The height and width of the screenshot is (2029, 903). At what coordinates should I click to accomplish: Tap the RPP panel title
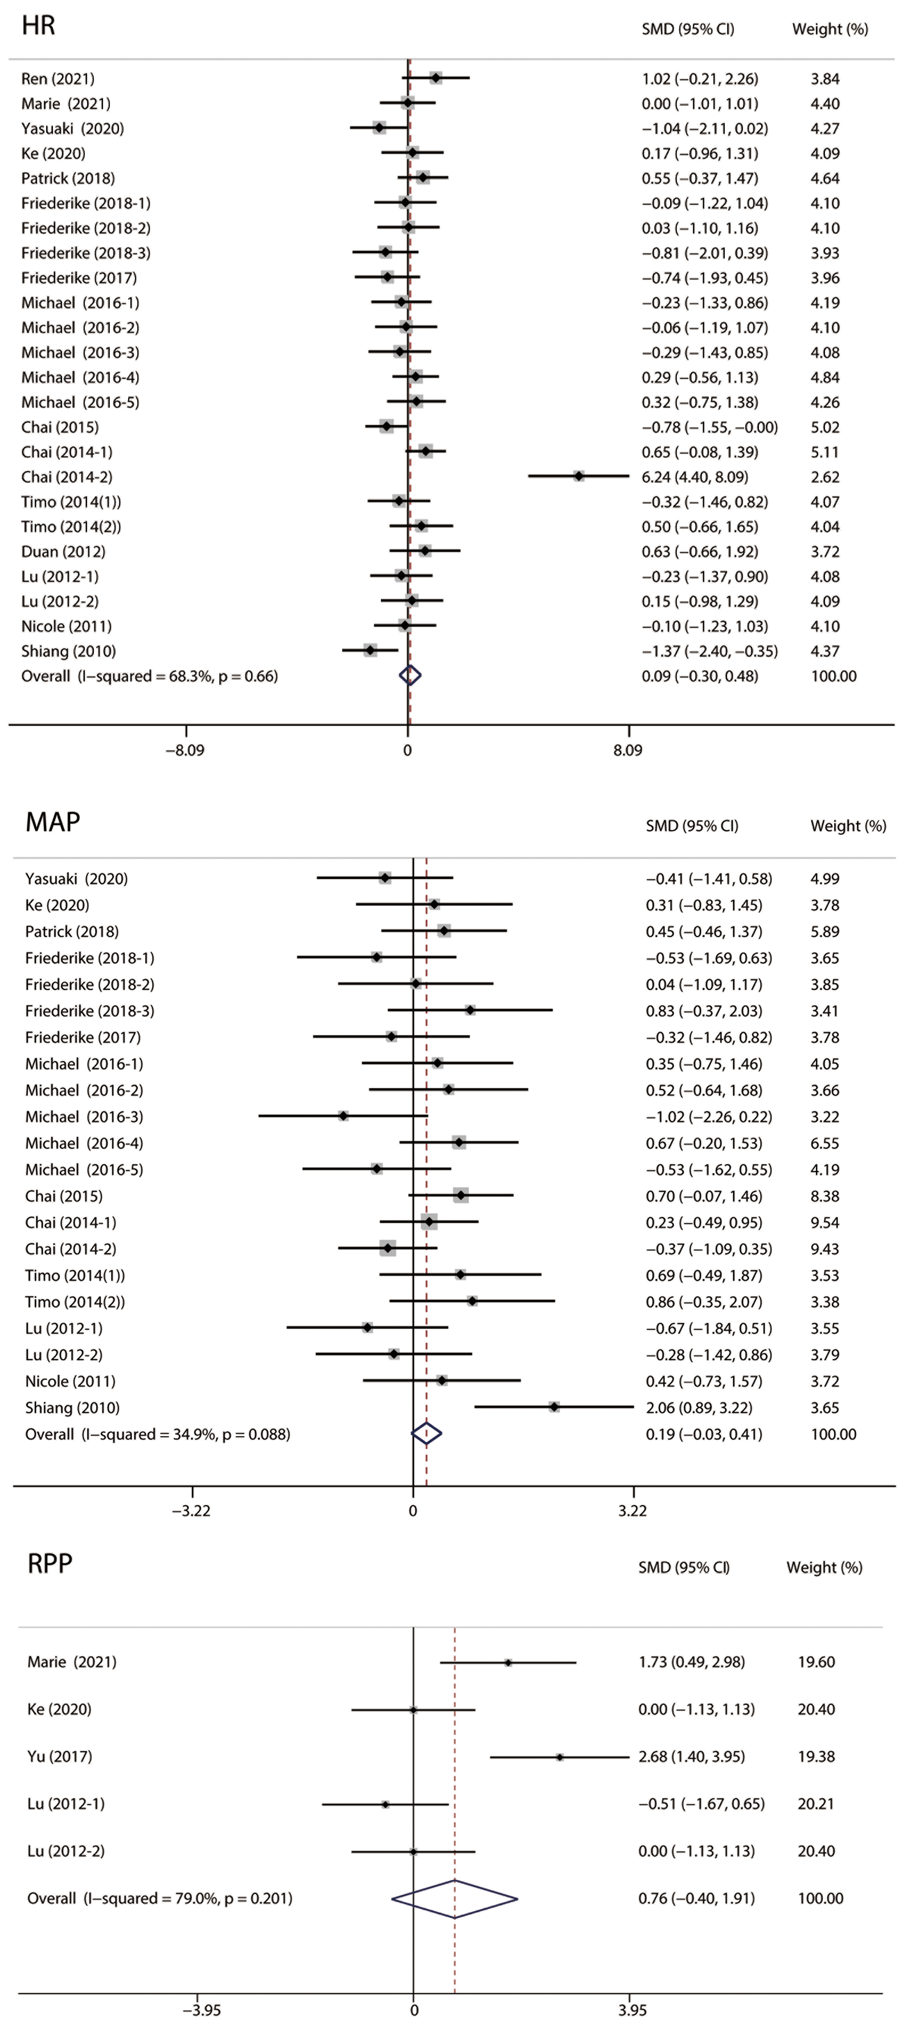click(x=50, y=1564)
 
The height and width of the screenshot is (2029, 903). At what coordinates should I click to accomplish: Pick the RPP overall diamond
click(x=455, y=1898)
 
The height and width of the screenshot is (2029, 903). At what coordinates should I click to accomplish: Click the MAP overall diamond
click(x=426, y=1434)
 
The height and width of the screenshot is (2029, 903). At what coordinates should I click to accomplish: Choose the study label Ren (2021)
click(x=58, y=79)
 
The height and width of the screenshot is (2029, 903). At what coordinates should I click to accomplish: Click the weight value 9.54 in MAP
click(x=824, y=1222)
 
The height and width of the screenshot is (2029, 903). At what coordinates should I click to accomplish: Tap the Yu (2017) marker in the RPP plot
click(x=559, y=1756)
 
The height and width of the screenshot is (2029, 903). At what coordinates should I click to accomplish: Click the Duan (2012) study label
click(x=63, y=551)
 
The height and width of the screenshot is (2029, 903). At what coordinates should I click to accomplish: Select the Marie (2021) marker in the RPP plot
click(x=508, y=1662)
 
